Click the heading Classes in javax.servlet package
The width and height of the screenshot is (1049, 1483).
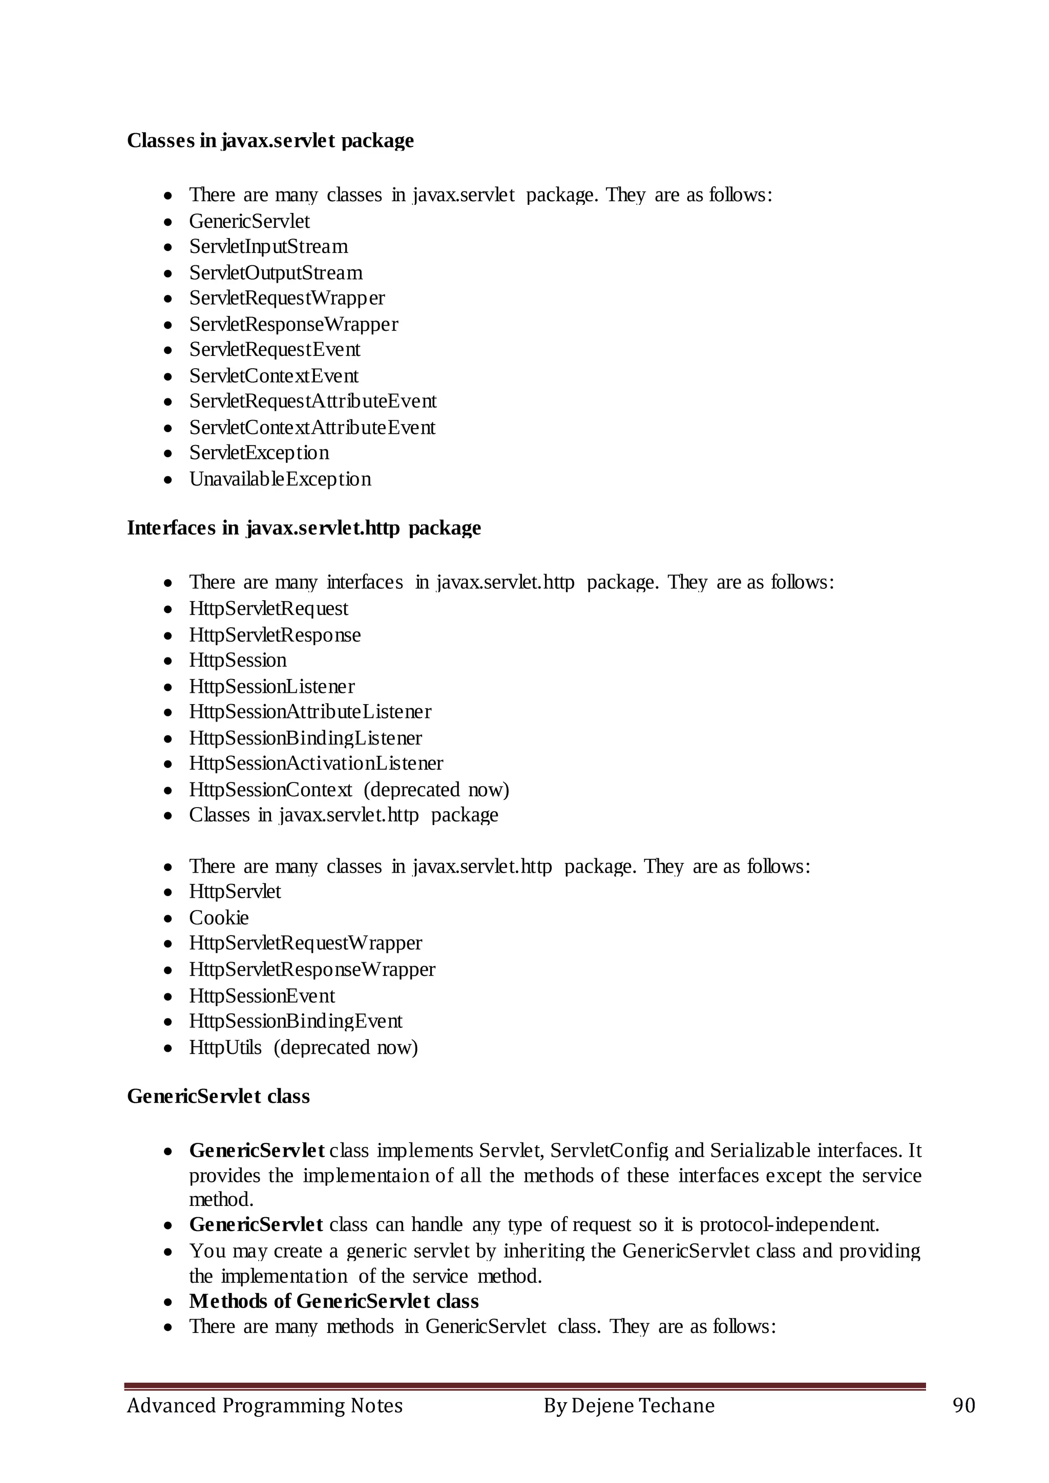270,140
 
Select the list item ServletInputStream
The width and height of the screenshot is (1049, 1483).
268,247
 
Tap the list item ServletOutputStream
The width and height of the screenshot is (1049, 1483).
276,272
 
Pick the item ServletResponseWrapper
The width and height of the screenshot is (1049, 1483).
293,324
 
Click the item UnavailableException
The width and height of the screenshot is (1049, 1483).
280,479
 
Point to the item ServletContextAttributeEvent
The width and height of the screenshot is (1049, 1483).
312,428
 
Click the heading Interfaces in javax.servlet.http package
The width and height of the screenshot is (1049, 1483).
304,528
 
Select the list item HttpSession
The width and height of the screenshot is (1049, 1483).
238,660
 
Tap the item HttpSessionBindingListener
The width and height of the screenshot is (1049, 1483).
305,737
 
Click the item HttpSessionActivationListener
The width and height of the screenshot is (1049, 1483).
316,764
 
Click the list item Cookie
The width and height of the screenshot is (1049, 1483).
218,918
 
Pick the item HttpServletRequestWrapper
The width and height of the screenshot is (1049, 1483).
305,943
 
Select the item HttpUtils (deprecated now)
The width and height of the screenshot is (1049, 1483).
303,1047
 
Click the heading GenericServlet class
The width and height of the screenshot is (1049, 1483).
218,1096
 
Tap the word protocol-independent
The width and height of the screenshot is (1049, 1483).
789,1224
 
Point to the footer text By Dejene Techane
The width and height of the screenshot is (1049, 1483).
628,1406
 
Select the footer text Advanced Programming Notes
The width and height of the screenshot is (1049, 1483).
264,1406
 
